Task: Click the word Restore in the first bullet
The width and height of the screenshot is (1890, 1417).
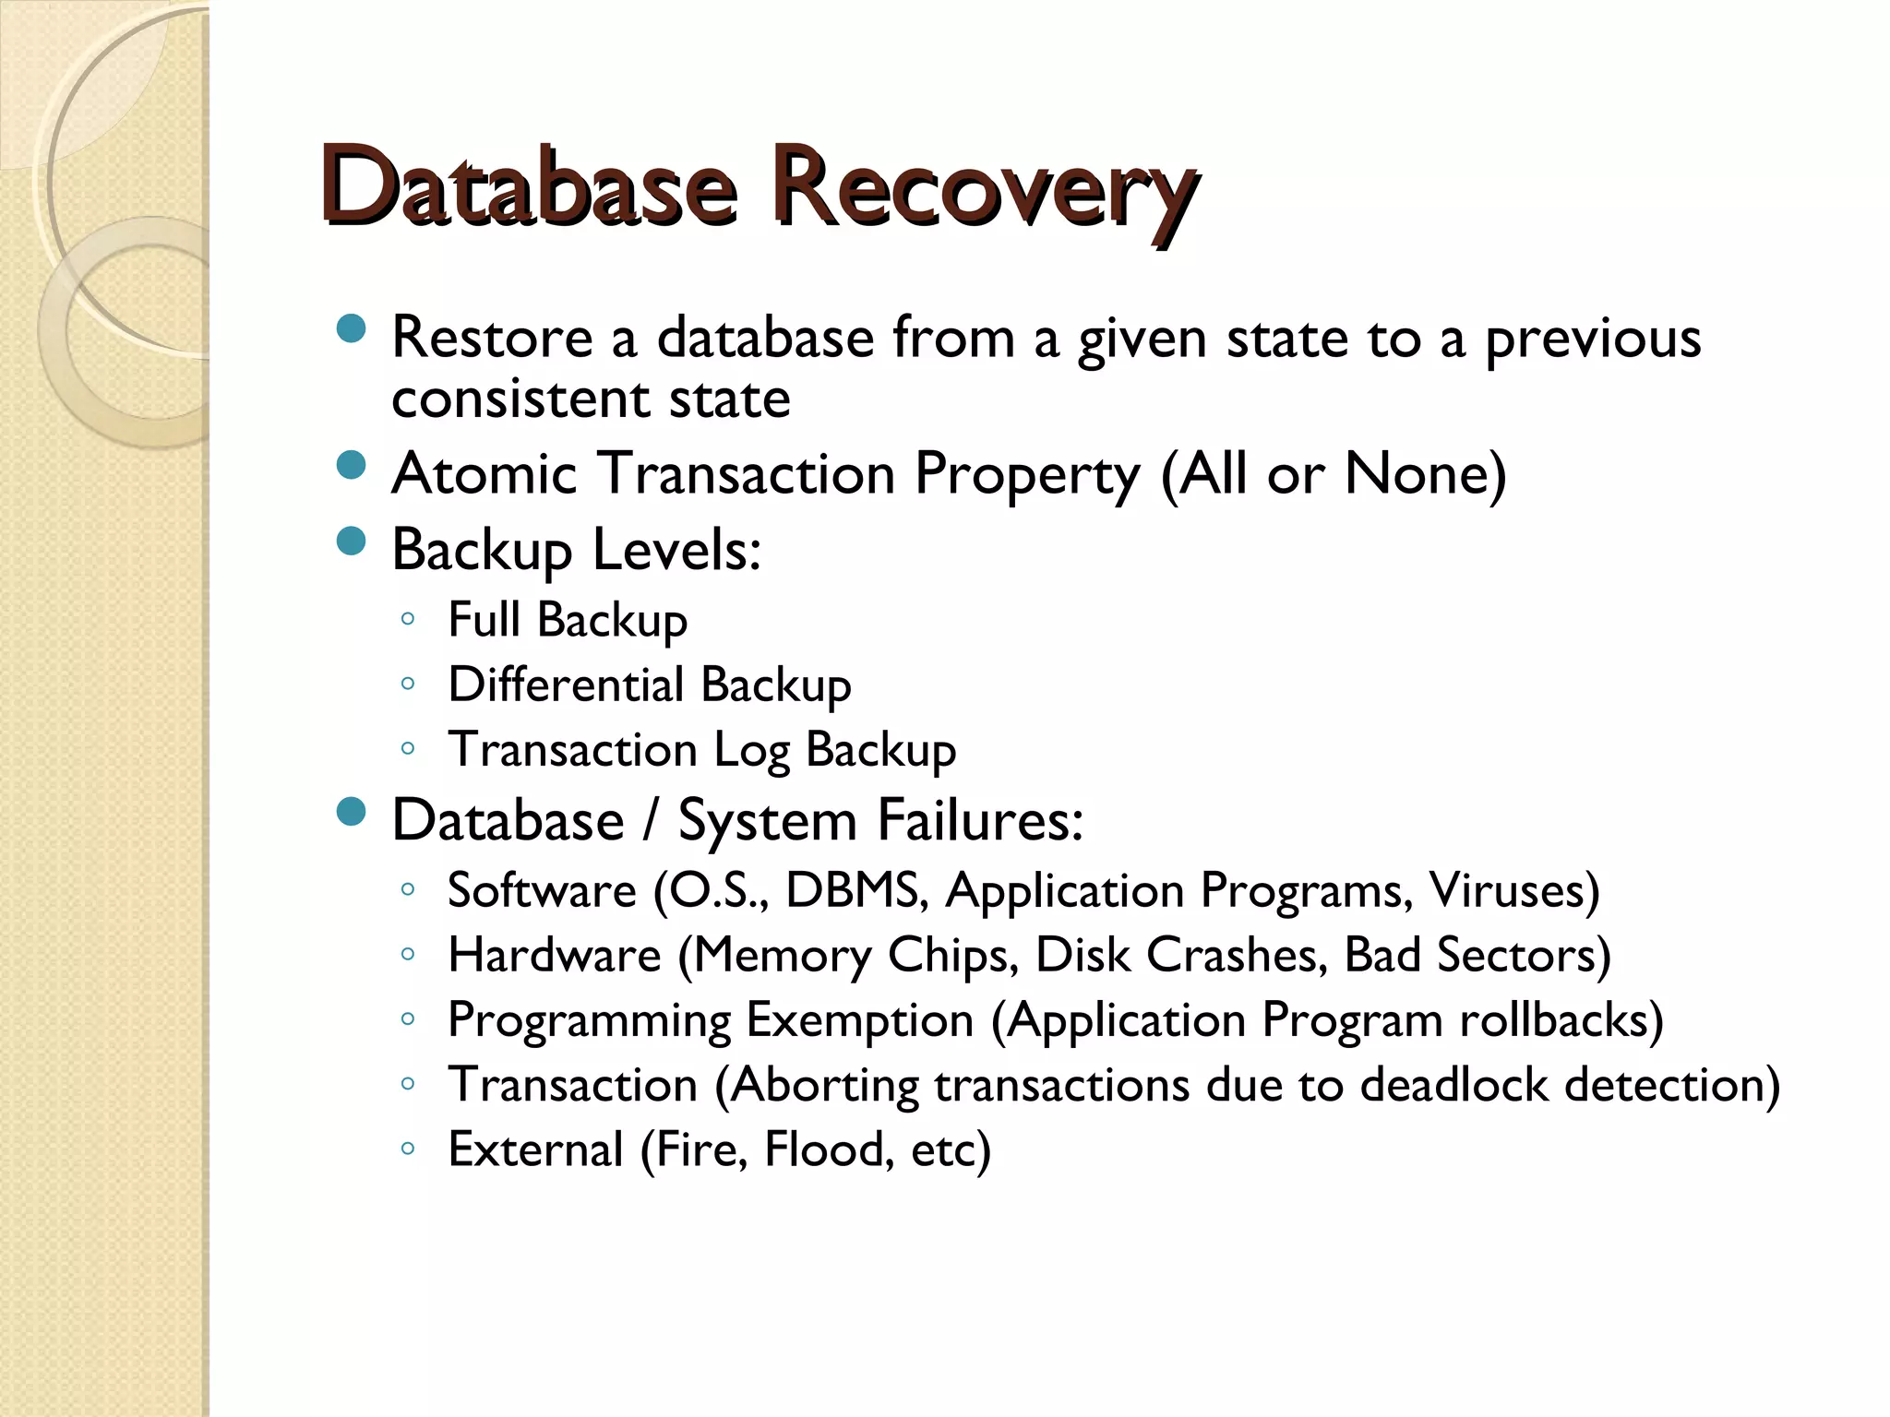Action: pos(492,338)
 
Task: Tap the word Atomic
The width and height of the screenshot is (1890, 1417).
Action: pos(484,474)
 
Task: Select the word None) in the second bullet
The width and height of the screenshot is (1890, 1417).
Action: pos(1425,474)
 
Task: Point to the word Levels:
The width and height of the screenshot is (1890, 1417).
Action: pos(676,550)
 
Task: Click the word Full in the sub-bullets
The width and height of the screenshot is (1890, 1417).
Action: pos(484,619)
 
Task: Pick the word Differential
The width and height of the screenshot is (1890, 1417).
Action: pos(566,685)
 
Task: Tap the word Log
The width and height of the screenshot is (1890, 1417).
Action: pos(751,750)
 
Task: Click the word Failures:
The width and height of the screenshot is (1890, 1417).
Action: pos(979,819)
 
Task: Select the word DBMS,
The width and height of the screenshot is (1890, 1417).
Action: pos(856,890)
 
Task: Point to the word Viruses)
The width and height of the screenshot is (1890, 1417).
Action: pos(1514,890)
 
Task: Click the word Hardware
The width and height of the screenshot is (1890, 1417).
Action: pos(555,955)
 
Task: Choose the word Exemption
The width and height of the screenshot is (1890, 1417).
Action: pos(860,1020)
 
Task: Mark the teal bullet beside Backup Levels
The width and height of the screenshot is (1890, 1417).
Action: pos(352,542)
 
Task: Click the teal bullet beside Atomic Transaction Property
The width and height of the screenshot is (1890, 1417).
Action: pos(352,466)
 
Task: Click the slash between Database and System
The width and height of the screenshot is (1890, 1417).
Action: pos(652,819)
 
